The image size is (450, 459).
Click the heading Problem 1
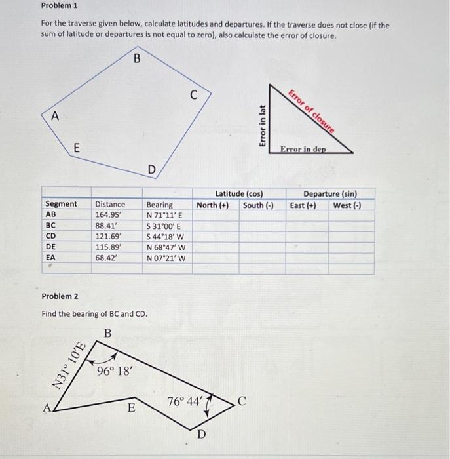(x=59, y=5)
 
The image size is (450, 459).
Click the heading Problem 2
(x=59, y=296)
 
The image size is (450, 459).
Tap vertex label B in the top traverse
(x=137, y=58)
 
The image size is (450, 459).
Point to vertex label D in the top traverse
(x=151, y=170)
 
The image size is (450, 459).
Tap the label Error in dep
(x=303, y=150)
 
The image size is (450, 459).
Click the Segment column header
(x=60, y=204)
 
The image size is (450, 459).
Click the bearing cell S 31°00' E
(x=164, y=225)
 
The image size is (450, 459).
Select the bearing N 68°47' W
(x=166, y=247)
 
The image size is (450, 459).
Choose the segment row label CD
(x=50, y=236)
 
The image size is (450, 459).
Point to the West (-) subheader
(x=347, y=205)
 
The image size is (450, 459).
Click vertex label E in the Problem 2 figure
(x=131, y=409)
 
